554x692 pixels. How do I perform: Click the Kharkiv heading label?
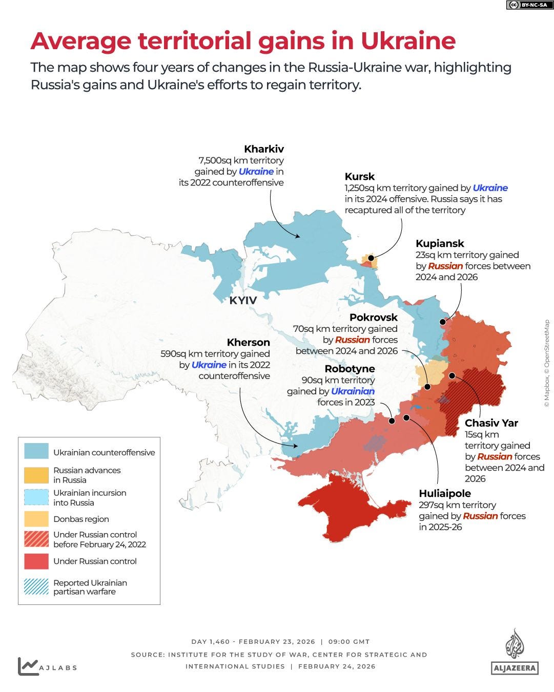264,149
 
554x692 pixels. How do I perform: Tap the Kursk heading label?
360,177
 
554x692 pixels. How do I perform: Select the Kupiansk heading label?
440,243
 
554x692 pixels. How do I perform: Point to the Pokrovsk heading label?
374,318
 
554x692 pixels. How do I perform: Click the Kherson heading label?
248,342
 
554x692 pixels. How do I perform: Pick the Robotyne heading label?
350,369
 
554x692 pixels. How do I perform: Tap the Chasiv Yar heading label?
491,423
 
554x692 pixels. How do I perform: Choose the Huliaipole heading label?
445,494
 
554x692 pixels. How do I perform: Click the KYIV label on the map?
243,301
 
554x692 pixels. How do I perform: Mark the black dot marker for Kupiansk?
442,322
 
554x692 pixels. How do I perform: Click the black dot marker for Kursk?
371,258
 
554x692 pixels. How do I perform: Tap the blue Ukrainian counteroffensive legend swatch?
36,451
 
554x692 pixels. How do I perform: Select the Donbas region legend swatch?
36,519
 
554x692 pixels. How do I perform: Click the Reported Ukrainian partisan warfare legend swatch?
36,587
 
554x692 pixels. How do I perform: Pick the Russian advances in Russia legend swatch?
36,475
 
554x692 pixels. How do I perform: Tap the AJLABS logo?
47,666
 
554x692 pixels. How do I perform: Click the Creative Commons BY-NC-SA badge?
526,5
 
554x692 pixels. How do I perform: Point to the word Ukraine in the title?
408,41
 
